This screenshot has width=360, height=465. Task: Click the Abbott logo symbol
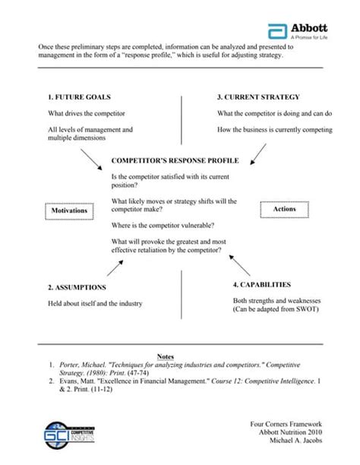[276, 31]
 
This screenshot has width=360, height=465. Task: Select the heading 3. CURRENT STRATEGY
[258, 97]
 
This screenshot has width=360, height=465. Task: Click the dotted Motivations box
[68, 210]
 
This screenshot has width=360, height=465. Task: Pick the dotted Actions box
[285, 208]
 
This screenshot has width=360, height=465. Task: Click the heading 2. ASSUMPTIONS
[77, 288]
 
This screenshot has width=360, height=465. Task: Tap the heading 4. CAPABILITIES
[261, 284]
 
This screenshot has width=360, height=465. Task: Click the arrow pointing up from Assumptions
[115, 267]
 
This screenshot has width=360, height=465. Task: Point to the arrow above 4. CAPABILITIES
[239, 265]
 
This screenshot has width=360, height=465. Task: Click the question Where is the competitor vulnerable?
[163, 226]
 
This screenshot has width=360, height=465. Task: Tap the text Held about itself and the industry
[95, 304]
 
